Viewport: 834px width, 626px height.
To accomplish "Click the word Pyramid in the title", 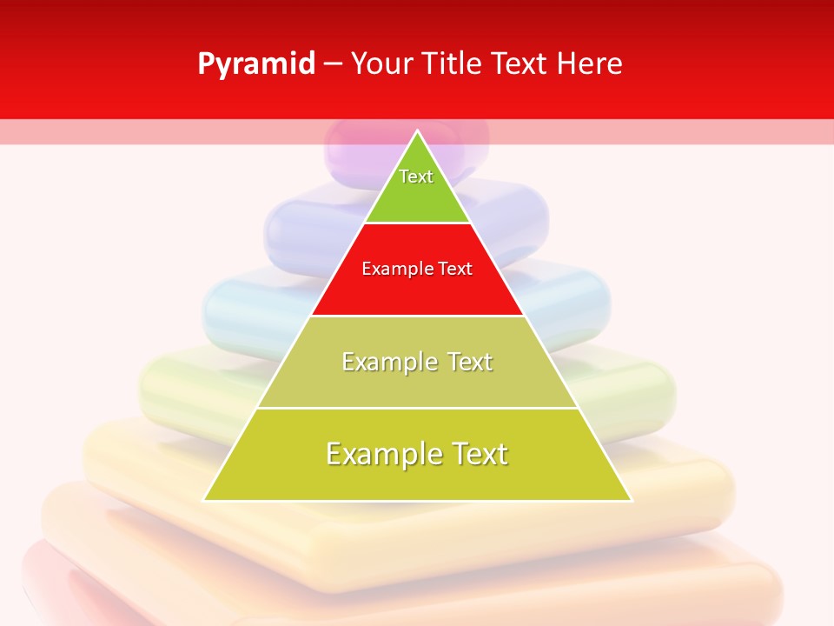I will tap(256, 64).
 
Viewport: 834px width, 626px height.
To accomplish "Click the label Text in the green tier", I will tap(416, 176).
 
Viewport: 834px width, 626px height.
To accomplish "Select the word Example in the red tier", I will tap(395, 269).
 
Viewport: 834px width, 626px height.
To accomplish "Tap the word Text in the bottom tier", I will tap(478, 454).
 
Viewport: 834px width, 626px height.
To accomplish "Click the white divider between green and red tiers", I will tap(417, 223).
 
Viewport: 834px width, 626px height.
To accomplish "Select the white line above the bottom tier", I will tap(417, 408).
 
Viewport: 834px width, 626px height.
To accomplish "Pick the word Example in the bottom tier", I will tap(382, 454).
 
